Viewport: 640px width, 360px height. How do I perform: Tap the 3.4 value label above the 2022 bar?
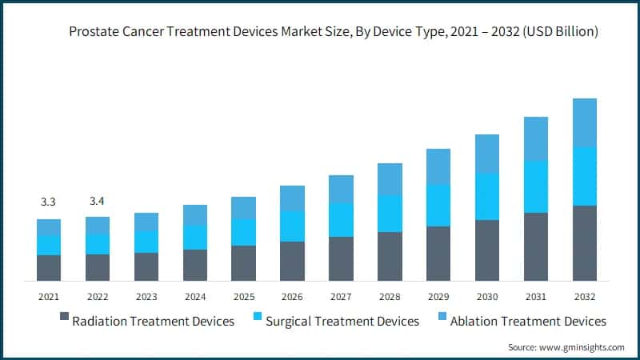click(x=98, y=199)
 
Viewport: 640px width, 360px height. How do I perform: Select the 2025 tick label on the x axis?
click(x=243, y=296)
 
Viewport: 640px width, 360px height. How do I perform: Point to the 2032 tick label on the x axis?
click(x=585, y=296)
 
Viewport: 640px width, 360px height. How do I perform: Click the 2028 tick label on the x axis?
click(x=390, y=296)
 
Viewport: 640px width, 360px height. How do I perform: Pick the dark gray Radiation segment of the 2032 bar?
click(x=585, y=243)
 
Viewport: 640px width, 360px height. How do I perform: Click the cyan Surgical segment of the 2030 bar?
click(x=487, y=197)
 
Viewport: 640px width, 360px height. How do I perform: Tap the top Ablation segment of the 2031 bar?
click(x=536, y=138)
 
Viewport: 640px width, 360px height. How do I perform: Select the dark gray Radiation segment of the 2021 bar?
click(x=49, y=268)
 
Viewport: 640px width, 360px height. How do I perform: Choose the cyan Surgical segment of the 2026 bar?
click(x=292, y=226)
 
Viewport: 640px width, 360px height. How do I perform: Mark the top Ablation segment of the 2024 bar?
click(x=194, y=215)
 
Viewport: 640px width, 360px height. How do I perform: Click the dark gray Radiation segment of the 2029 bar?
click(x=438, y=254)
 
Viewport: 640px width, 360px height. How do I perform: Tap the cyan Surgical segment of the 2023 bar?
click(x=146, y=242)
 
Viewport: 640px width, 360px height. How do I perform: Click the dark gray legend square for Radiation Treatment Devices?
click(x=64, y=321)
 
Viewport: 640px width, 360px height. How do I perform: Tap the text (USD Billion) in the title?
click(x=560, y=31)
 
